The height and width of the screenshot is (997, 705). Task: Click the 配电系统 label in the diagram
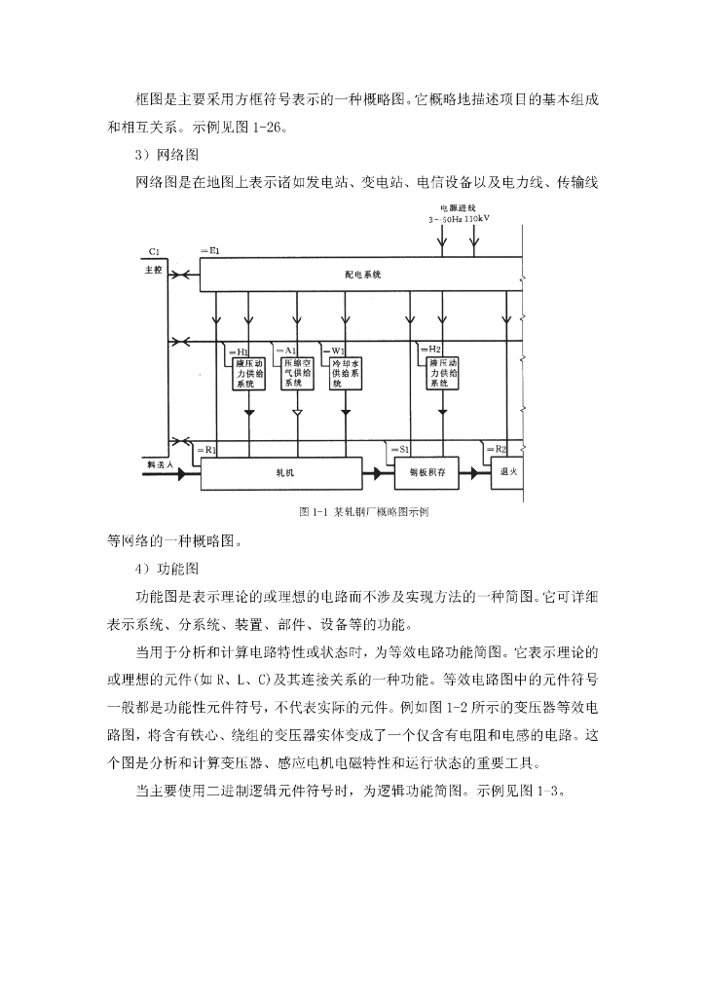coord(362,275)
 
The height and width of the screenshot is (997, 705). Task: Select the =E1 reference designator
coord(209,252)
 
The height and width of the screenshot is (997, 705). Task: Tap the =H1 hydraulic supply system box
coord(249,371)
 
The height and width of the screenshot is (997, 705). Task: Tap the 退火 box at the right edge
coord(506,471)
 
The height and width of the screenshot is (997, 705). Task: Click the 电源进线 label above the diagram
coord(458,207)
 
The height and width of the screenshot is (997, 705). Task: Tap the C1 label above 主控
coord(154,253)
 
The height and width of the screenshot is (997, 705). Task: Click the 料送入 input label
coord(159,465)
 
